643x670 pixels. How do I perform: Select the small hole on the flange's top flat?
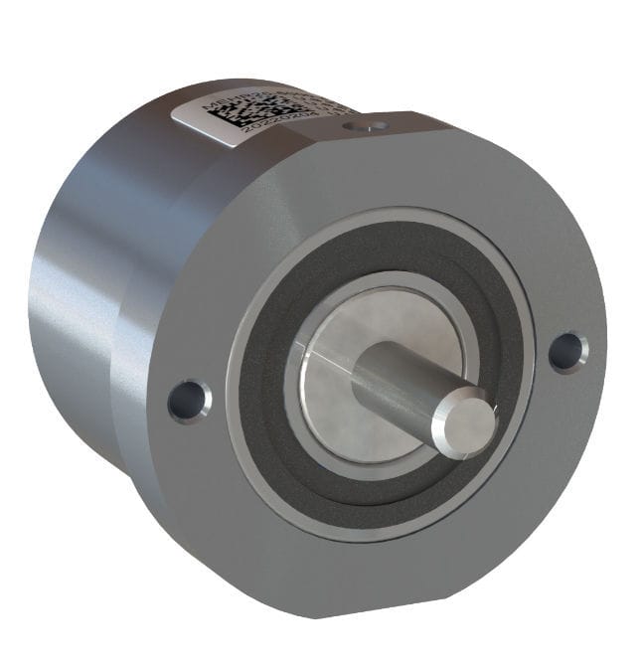[373, 126]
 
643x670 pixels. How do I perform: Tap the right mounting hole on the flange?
[565, 351]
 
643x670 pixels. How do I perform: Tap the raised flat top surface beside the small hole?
[417, 124]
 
